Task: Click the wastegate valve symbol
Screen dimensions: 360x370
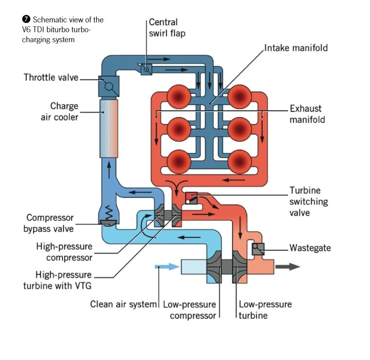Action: (x=257, y=249)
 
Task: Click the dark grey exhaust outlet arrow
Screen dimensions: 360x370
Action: (x=287, y=266)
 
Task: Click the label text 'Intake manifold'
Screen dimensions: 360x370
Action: (x=296, y=48)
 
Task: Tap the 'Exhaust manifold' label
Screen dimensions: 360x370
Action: (x=307, y=114)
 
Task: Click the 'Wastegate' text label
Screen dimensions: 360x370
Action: (x=310, y=248)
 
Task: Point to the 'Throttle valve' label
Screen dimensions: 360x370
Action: (x=50, y=77)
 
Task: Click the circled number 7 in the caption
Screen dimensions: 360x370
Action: (x=26, y=20)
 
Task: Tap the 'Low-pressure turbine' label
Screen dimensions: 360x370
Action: (x=265, y=310)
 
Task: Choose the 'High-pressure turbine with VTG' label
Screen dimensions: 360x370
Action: (x=57, y=279)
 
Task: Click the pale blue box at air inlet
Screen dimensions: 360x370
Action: (x=193, y=267)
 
